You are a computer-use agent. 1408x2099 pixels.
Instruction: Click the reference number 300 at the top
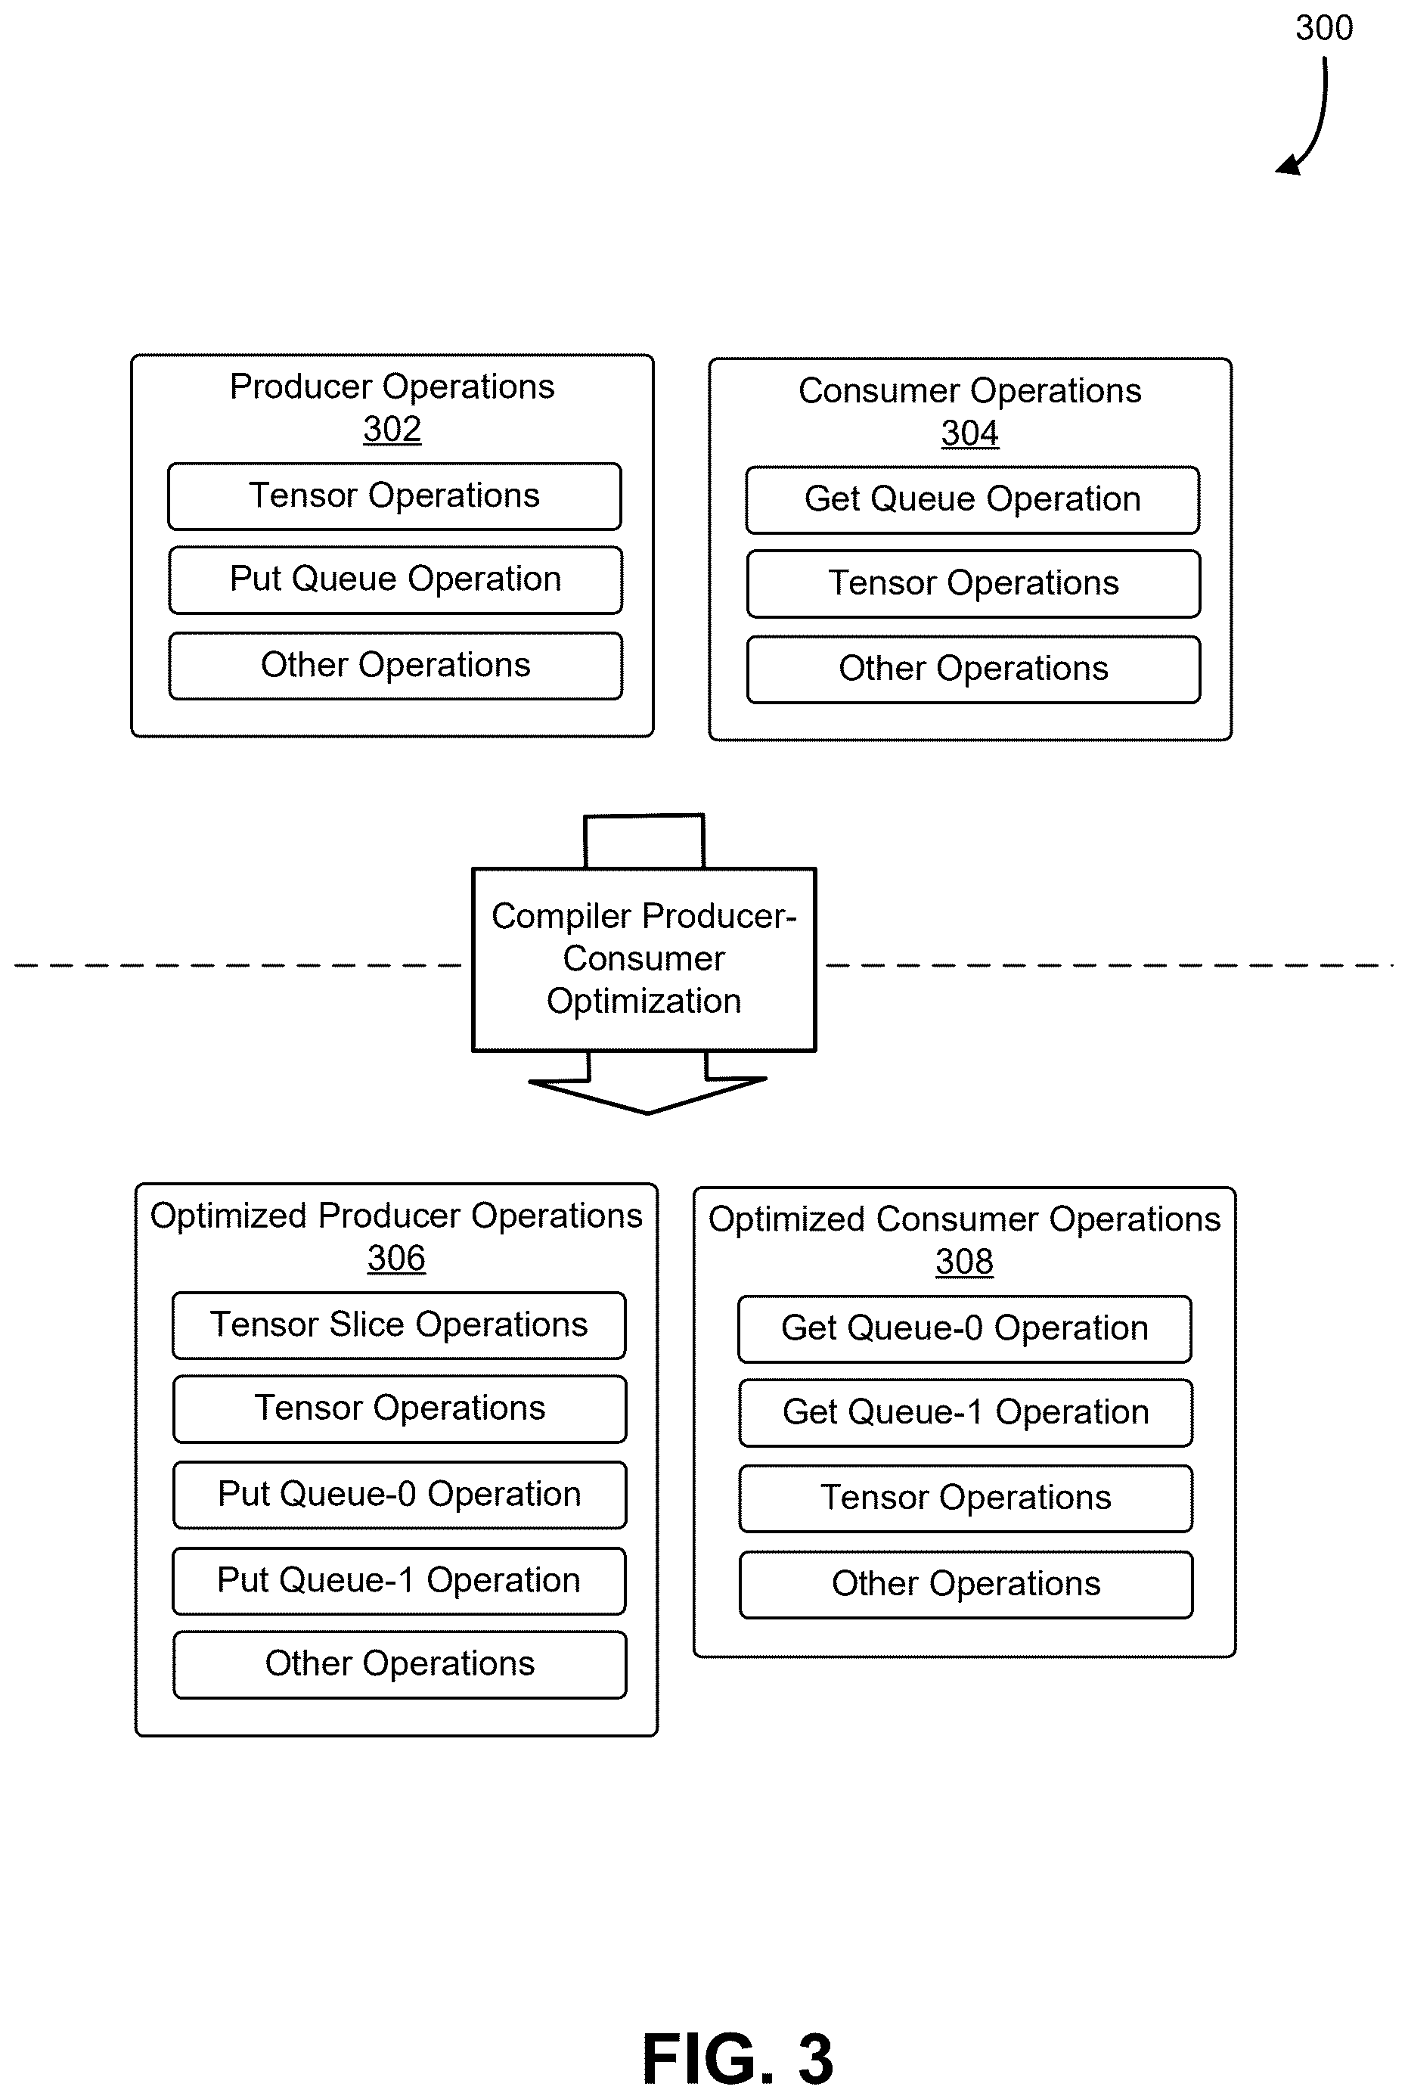tap(1323, 28)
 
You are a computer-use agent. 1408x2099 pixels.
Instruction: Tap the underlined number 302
tap(392, 430)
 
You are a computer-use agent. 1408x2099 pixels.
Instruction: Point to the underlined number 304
tap(969, 433)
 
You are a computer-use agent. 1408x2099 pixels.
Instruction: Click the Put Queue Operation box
tap(395, 580)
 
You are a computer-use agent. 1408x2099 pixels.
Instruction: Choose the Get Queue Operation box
tap(972, 500)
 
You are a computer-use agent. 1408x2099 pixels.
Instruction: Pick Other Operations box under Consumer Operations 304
tap(973, 669)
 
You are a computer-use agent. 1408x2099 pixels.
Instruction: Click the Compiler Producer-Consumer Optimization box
tap(644, 959)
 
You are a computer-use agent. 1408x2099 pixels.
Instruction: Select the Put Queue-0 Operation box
tap(399, 1495)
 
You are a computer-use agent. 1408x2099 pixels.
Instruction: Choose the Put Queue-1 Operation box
tap(399, 1581)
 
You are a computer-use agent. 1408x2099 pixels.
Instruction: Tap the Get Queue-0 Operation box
tap(964, 1329)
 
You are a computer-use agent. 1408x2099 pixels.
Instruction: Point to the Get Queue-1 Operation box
tap(966, 1413)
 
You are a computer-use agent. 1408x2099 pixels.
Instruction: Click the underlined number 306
tap(396, 1259)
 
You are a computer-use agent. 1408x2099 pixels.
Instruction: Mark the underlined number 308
tap(964, 1262)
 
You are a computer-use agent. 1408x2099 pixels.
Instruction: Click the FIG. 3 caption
tap(738, 2059)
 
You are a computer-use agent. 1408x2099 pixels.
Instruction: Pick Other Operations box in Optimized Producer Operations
tap(399, 1664)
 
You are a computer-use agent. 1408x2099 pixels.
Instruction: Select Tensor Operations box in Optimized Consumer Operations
tap(966, 1498)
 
